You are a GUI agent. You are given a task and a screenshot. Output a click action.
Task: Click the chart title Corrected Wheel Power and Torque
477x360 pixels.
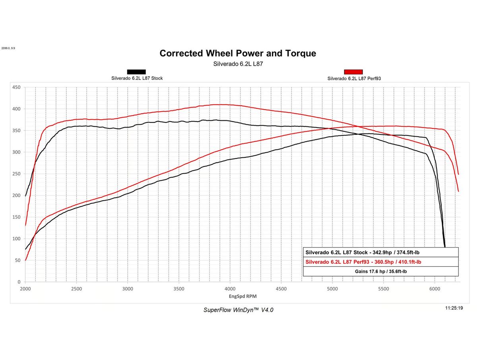click(x=238, y=53)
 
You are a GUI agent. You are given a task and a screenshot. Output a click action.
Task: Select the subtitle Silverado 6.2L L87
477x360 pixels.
click(x=238, y=64)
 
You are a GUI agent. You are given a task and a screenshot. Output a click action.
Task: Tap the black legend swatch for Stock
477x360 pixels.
click(x=136, y=72)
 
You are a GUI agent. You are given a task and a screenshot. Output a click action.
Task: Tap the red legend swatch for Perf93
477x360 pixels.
click(x=353, y=72)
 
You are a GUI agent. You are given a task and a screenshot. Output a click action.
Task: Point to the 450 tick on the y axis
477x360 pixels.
click(x=17, y=87)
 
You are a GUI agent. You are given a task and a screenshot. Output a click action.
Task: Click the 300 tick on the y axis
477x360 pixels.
click(x=17, y=152)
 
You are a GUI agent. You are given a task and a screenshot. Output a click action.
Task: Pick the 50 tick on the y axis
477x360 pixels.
click(x=18, y=260)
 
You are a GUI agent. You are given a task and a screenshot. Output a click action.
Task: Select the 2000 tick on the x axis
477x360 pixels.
click(x=25, y=288)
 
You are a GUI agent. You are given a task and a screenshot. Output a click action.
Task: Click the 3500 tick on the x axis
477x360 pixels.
click(x=179, y=288)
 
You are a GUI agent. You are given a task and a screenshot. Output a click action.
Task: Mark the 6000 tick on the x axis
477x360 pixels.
click(x=434, y=288)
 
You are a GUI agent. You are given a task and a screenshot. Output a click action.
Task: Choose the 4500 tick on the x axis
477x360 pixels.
click(x=281, y=288)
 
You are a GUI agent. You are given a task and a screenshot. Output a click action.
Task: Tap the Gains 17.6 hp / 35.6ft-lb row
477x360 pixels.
click(x=380, y=271)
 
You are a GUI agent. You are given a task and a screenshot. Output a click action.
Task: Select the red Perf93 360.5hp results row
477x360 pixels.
click(x=363, y=262)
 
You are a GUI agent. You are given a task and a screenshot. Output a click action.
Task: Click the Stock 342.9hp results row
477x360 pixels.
click(x=362, y=252)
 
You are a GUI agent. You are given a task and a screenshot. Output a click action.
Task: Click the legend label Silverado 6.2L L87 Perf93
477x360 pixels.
click(x=354, y=79)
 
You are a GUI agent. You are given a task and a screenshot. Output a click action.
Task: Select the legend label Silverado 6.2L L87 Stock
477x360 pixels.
click(x=137, y=78)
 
